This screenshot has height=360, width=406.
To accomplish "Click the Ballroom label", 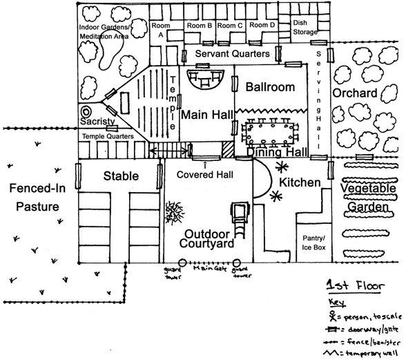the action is click(x=270, y=87).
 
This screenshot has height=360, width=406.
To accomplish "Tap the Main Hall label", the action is click(x=207, y=115).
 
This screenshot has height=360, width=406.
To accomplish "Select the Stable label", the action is click(x=121, y=176).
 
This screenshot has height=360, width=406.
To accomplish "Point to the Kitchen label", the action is click(x=300, y=182).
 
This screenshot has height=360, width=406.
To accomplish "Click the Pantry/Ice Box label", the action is click(x=313, y=243).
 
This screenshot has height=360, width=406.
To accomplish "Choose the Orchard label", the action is click(x=355, y=93).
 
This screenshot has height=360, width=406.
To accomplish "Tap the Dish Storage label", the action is click(x=305, y=27).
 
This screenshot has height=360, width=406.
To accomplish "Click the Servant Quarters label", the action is click(x=232, y=54).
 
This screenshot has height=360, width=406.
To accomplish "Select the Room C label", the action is click(x=230, y=26).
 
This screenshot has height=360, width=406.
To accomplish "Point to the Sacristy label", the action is click(x=97, y=122).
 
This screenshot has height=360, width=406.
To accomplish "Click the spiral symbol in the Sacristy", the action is click(x=86, y=112).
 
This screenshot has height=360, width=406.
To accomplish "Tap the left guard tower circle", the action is click(x=182, y=263).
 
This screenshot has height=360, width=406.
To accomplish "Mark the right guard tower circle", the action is click(x=236, y=263).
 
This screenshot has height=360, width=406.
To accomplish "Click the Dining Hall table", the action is click(x=270, y=134).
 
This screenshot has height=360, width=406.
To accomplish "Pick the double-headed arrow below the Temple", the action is click(x=168, y=150).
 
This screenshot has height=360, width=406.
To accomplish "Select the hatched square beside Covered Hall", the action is click(x=228, y=149).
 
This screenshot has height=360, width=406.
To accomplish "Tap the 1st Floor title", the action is click(x=355, y=285).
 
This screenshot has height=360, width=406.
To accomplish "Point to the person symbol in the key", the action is click(x=332, y=316).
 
